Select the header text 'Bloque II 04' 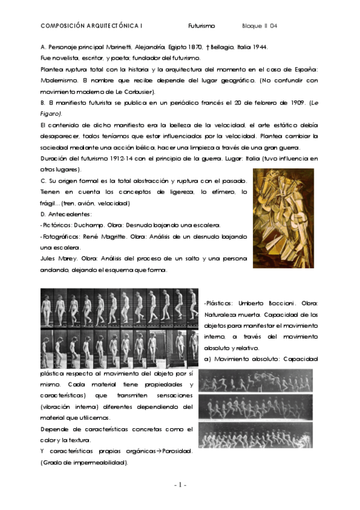pyautogui.click(x=260, y=26)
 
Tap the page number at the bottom pyautogui.click(x=180, y=485)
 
